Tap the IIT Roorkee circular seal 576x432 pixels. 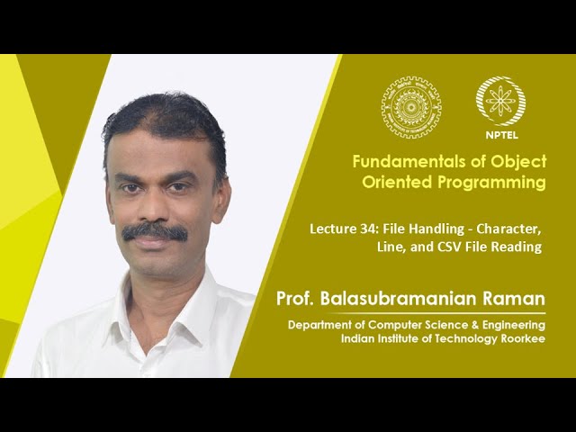411,106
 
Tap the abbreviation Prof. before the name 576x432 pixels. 300,299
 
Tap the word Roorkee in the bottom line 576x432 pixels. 521,338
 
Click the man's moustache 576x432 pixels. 155,231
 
